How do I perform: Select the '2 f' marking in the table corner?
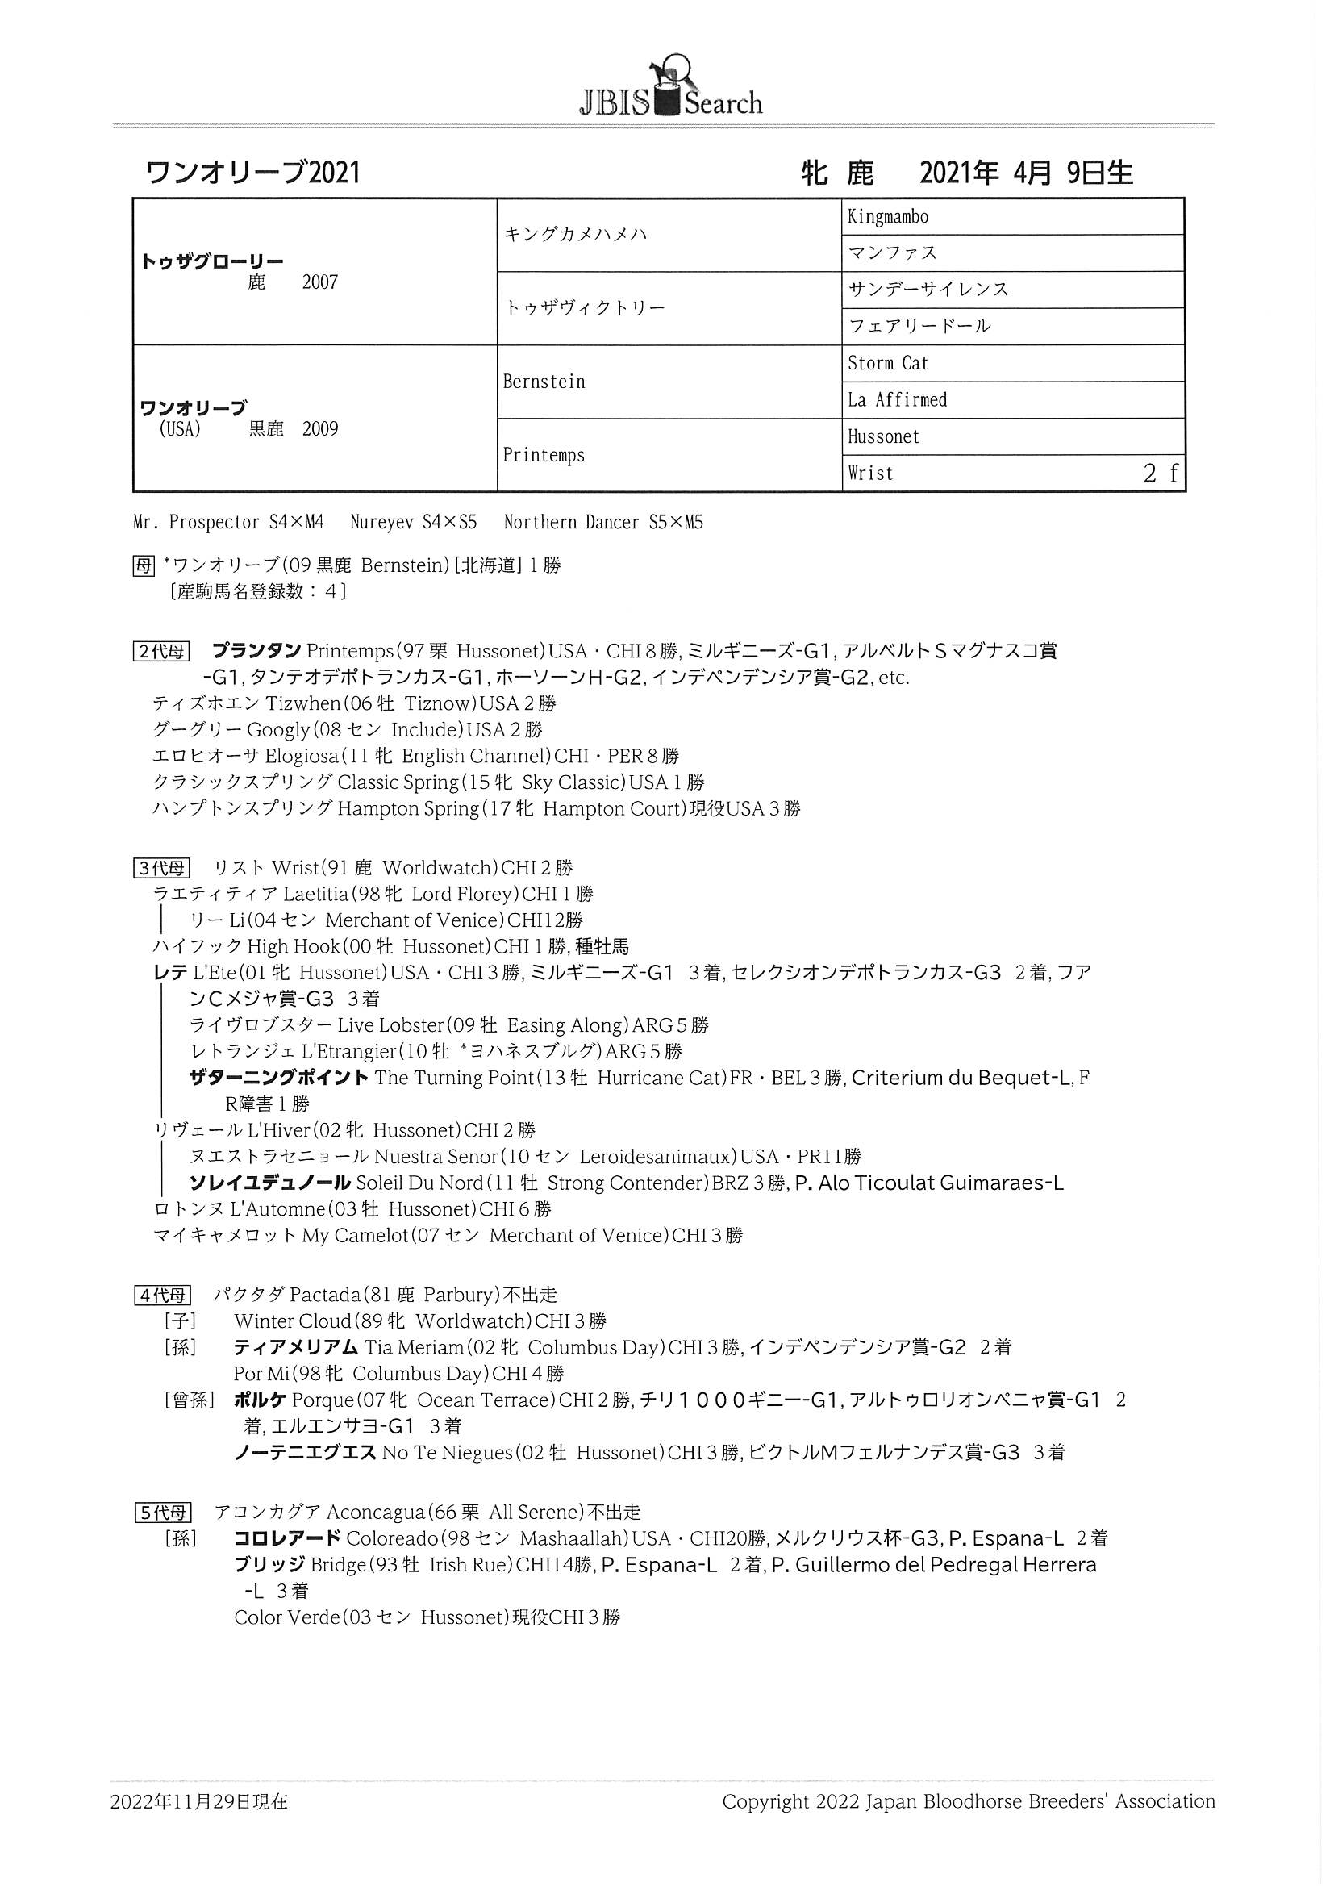click(x=1160, y=474)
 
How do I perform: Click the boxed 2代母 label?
click(x=161, y=652)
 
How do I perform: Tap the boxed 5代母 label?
click(x=162, y=1513)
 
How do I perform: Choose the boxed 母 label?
click(x=143, y=565)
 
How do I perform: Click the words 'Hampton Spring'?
click(x=407, y=808)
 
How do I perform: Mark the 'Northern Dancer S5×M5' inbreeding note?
click(x=603, y=523)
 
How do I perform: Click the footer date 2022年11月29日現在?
click(x=198, y=1801)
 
